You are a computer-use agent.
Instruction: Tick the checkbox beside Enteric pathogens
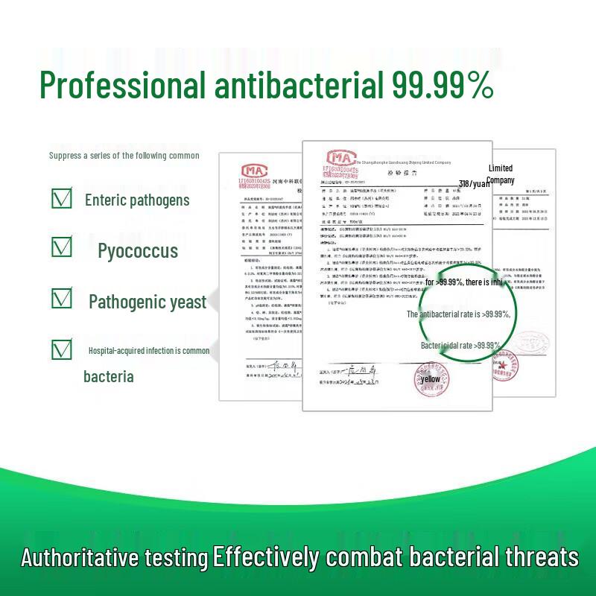[x=62, y=198]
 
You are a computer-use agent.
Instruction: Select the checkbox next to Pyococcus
[x=62, y=247]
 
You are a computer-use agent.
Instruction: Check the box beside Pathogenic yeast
[x=62, y=299]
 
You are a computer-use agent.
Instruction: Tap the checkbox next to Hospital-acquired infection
[x=62, y=349]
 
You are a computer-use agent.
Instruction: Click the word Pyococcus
[x=138, y=250]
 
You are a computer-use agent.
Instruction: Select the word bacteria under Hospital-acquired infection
[x=109, y=376]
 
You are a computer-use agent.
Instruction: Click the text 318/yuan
[x=475, y=183]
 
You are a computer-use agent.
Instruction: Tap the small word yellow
[x=431, y=379]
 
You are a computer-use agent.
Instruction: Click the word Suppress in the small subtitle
[x=66, y=156]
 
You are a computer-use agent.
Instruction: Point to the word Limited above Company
[x=501, y=168]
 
